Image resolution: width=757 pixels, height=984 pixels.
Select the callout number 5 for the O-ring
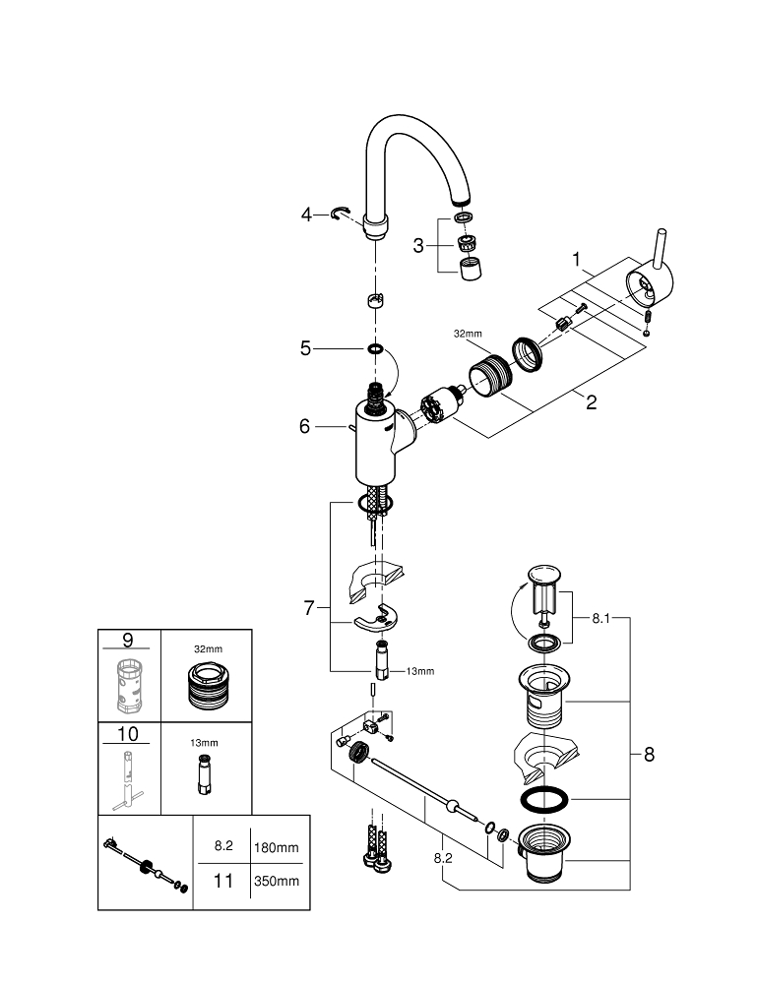click(x=306, y=347)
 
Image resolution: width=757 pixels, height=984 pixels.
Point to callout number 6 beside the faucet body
click(x=305, y=426)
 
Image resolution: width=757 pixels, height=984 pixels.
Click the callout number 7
click(x=310, y=608)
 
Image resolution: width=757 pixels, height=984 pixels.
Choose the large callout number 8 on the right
click(x=648, y=755)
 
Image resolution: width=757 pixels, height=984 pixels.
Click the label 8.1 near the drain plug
click(x=603, y=620)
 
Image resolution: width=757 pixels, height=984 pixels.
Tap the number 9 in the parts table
click(x=127, y=641)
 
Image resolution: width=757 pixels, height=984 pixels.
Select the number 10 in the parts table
click(x=127, y=734)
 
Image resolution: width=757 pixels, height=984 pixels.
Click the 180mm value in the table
click(x=277, y=846)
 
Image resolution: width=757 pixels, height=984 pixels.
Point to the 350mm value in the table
click(x=277, y=881)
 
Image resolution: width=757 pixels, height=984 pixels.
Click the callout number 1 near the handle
click(x=581, y=260)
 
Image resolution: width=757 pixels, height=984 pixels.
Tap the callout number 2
click(x=590, y=402)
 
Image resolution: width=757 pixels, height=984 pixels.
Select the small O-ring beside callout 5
click(x=375, y=348)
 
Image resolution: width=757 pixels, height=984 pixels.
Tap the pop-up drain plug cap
click(x=541, y=574)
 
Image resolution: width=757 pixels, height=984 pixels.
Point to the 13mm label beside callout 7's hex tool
click(x=419, y=671)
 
